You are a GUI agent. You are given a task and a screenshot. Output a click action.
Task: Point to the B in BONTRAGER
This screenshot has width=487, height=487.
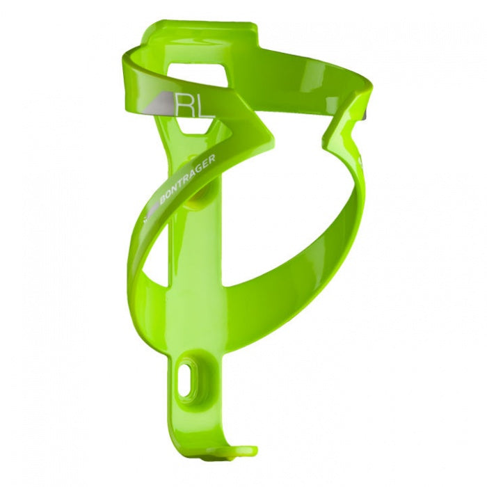point(162,200)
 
